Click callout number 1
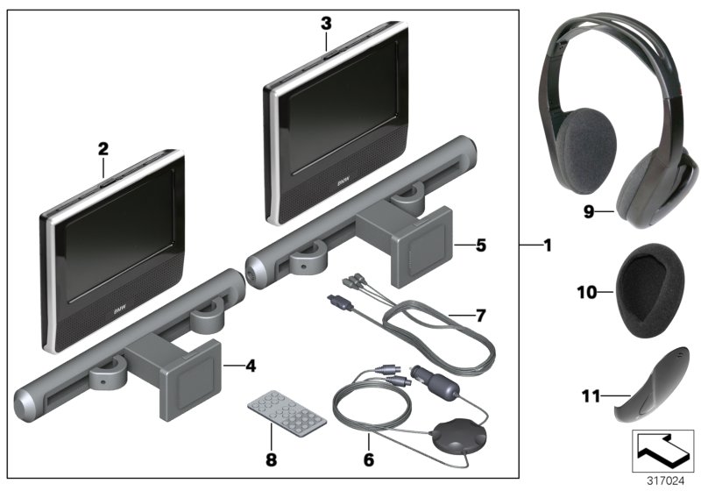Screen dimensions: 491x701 tap(548, 246)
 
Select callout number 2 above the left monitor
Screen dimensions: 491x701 tap(103, 149)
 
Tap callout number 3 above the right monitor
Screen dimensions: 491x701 tap(325, 23)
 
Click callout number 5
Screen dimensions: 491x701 tap(480, 246)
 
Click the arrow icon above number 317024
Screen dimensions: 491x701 tap(661, 452)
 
